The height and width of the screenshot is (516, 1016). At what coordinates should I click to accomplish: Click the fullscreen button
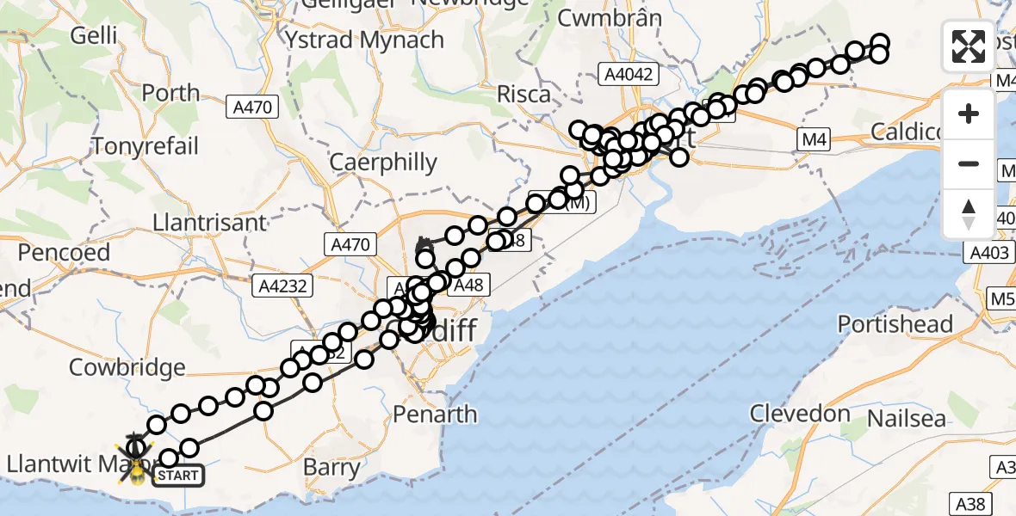969,46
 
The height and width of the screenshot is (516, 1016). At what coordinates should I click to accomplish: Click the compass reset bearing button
969,214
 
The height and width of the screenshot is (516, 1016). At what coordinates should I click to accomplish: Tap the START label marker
179,475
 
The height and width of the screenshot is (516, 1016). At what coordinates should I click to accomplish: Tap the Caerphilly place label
384,162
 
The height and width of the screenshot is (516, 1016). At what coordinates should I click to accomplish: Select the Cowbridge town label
127,367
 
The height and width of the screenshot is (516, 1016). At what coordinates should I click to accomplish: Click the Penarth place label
434,415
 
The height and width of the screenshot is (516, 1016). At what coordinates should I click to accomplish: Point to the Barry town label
332,469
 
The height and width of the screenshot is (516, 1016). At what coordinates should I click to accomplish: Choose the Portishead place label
895,324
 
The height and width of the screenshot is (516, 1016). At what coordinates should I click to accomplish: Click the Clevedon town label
800,414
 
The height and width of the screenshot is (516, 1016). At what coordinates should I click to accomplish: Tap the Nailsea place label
907,420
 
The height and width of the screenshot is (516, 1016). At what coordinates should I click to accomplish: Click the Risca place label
523,94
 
